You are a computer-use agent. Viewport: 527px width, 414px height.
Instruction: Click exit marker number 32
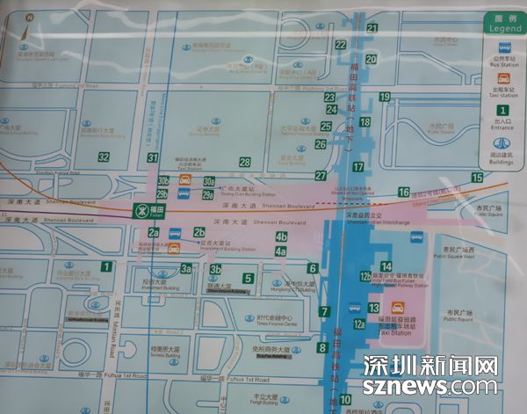point(104,157)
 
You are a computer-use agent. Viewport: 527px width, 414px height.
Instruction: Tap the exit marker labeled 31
point(152,157)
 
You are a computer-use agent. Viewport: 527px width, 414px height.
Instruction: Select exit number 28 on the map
point(244,162)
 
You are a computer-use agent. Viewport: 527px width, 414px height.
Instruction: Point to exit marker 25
point(326,127)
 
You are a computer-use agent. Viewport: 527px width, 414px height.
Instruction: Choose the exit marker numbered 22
point(341,45)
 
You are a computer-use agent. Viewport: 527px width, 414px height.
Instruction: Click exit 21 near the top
point(372,28)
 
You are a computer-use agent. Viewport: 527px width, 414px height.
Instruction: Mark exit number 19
point(385,97)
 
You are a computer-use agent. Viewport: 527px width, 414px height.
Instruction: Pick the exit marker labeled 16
point(403,192)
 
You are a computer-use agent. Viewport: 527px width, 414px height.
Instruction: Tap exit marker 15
point(477,178)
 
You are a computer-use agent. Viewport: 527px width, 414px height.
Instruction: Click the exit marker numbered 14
point(386,266)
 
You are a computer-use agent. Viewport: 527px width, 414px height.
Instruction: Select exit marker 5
point(249,279)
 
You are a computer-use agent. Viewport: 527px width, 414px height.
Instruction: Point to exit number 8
point(322,348)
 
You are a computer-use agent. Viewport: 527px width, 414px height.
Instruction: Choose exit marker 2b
point(199,232)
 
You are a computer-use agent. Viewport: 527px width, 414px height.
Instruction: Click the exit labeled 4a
point(281,251)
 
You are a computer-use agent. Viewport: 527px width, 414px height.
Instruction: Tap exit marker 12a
point(359,324)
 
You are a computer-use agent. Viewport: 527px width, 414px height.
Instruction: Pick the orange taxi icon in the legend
point(502,76)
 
